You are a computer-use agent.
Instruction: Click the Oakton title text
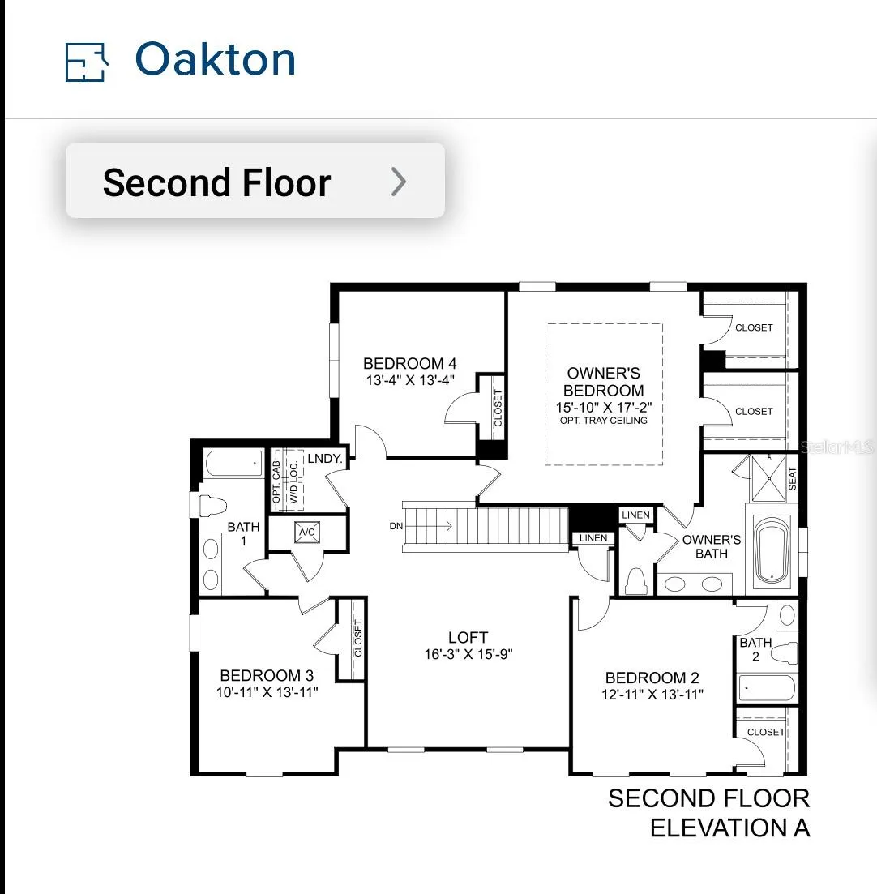[x=216, y=59]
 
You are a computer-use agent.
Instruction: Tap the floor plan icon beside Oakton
[x=87, y=62]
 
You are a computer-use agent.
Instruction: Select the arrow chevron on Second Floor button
[x=399, y=182]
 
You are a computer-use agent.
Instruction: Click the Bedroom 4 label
[x=410, y=363]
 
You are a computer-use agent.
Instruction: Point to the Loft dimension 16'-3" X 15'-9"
[x=468, y=654]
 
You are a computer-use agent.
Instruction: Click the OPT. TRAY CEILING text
[x=603, y=421]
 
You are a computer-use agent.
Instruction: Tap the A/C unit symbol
[x=306, y=532]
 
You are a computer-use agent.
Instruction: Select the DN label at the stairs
[x=396, y=526]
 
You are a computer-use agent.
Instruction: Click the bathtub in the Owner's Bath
[x=772, y=550]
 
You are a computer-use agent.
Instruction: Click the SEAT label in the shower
[x=792, y=479]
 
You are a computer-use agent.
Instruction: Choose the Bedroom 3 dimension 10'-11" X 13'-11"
[x=267, y=692]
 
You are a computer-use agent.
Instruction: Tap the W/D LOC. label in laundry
[x=293, y=482]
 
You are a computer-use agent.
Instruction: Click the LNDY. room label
[x=324, y=459]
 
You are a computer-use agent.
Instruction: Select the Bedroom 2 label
[x=652, y=678]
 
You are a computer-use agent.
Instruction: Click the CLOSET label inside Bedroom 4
[x=498, y=408]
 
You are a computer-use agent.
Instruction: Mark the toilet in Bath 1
[x=212, y=506]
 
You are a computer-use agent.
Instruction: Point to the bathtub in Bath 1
[x=233, y=464]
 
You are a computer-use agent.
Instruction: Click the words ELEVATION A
[x=729, y=828]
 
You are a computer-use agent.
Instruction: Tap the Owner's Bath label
[x=712, y=546]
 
